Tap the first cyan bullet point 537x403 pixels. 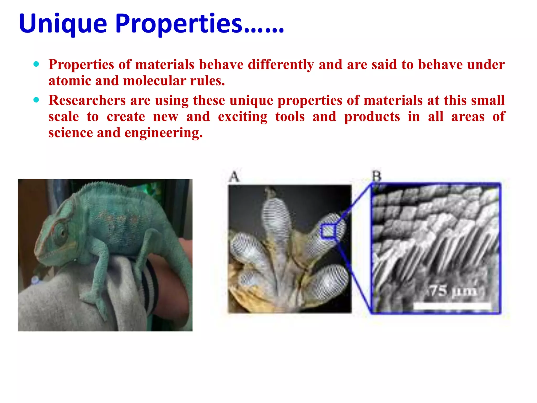tap(36, 64)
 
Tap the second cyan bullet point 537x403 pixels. tap(36, 100)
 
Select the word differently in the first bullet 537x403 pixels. tap(281, 65)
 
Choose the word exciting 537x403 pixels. tap(243, 117)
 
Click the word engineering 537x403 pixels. tap(163, 133)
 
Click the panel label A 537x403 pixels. tap(234, 176)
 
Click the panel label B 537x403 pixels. tap(377, 176)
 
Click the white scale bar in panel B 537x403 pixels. tap(452, 306)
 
